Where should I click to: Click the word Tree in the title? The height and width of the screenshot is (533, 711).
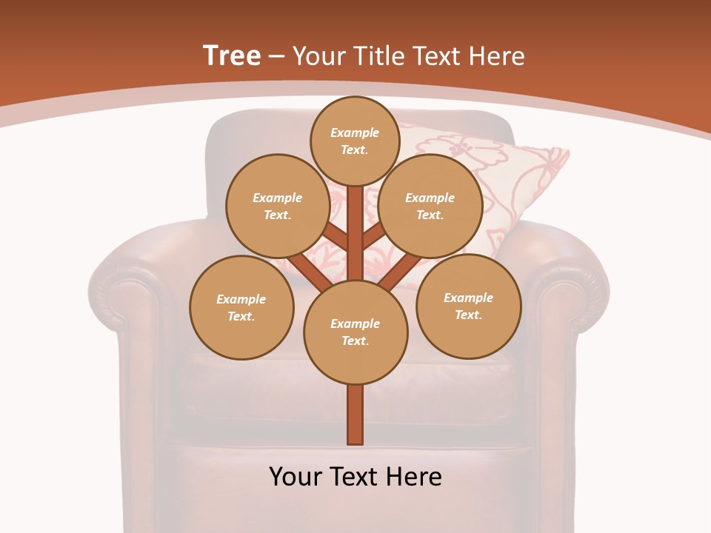(x=232, y=56)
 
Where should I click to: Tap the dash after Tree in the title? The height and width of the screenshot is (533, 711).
(x=276, y=57)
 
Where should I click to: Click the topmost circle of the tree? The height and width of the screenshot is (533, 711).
(x=355, y=141)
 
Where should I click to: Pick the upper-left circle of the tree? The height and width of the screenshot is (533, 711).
(x=277, y=206)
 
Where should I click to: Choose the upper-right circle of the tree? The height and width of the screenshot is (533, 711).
(x=430, y=206)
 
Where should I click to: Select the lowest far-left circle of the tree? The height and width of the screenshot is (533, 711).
(x=241, y=307)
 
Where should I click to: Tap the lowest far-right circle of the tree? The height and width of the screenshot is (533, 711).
(x=469, y=306)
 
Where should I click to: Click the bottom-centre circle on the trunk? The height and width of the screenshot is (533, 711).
(x=355, y=332)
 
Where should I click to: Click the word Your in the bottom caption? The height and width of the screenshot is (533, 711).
(x=296, y=477)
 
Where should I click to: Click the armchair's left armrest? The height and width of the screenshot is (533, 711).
(x=130, y=311)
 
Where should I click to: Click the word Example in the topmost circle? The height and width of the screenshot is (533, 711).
(x=355, y=133)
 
